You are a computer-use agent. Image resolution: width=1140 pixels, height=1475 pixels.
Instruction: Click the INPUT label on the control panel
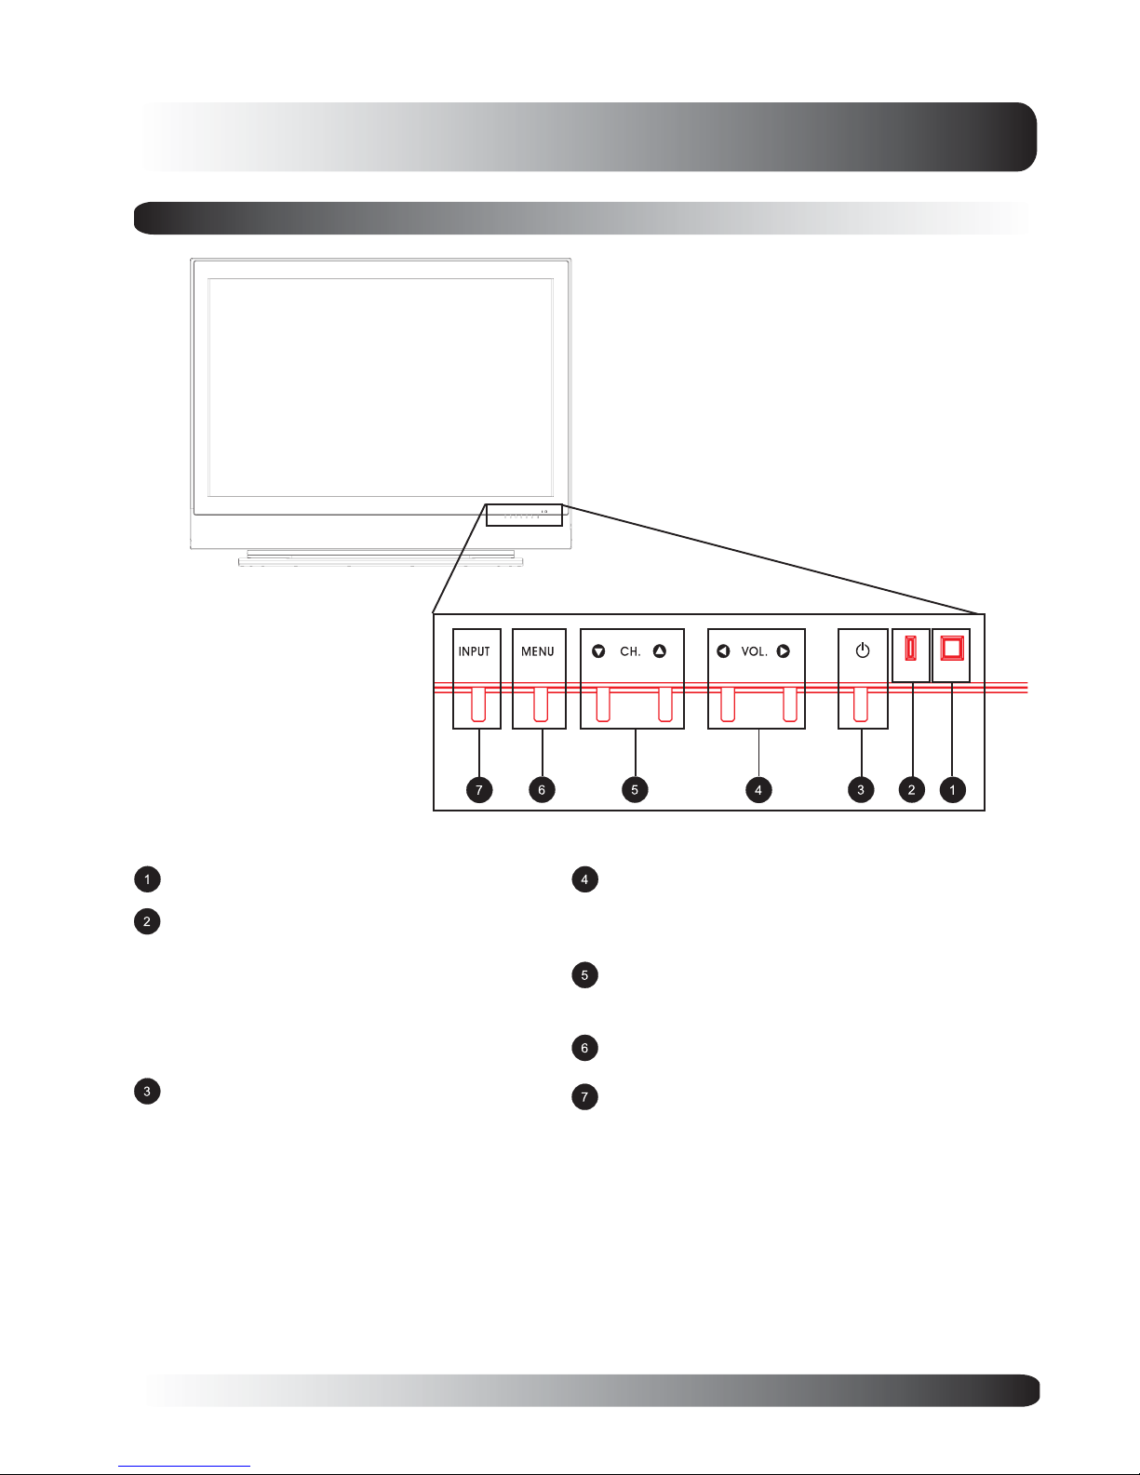pos(474,651)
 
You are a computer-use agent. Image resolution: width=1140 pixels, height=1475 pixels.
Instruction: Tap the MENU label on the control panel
pos(538,651)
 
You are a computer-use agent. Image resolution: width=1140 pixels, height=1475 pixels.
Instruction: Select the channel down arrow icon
pos(598,651)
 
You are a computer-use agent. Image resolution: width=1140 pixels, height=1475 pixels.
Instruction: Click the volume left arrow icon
pos(723,651)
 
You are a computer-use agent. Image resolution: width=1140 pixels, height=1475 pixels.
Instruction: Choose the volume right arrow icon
pos(783,651)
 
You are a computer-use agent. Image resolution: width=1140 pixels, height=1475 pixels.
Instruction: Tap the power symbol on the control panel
pos(863,650)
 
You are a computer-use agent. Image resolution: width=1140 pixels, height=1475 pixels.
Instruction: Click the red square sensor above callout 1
pos(952,649)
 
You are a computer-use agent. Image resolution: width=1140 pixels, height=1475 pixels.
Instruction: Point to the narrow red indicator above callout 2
pos(911,649)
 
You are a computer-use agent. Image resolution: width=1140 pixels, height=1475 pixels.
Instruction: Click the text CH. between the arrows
pos(630,651)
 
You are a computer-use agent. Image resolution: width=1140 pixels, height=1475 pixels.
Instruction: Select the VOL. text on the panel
pos(754,651)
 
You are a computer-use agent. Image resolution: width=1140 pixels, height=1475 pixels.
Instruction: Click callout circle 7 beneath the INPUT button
pos(479,790)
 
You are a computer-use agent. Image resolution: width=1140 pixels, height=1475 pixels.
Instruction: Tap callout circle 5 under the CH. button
pos(635,790)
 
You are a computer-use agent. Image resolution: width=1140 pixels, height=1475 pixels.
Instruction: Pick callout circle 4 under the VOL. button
pos(758,790)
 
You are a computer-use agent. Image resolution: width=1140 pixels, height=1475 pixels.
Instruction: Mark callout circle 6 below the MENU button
pos(542,790)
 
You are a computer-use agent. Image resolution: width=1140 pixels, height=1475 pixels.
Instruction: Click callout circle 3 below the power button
pos(861,790)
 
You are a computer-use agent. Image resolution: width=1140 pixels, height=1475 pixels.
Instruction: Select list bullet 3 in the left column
pos(147,1092)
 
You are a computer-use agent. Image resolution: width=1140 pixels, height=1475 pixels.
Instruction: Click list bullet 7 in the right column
pos(585,1097)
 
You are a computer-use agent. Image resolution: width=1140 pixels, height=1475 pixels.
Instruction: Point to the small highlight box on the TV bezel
pos(524,516)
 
